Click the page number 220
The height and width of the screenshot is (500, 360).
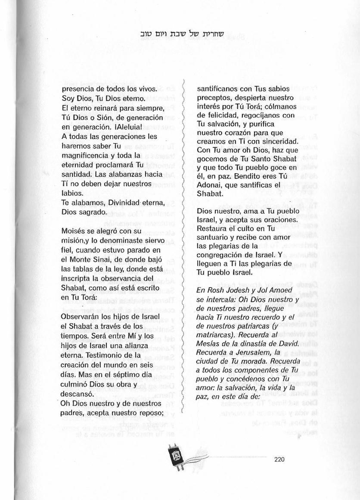279,459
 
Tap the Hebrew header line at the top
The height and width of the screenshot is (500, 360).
180,34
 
